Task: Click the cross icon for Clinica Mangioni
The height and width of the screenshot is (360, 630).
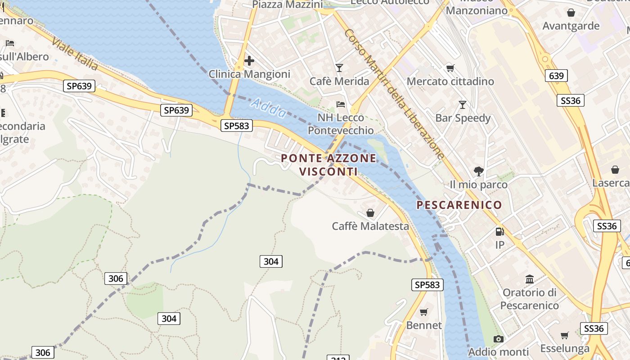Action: (x=249, y=61)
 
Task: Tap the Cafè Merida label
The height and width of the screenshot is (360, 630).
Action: (x=339, y=81)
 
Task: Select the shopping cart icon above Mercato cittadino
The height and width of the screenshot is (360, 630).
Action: (x=450, y=68)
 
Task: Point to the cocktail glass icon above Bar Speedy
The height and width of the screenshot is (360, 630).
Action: (x=462, y=105)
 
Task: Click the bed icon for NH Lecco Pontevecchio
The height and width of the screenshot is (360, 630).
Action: (x=341, y=104)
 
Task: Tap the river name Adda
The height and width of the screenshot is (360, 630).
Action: (x=269, y=108)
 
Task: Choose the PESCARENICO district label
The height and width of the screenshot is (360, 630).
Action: (x=459, y=205)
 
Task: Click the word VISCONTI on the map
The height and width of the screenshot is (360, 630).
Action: (x=328, y=172)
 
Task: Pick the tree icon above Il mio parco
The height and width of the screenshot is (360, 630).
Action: (x=478, y=171)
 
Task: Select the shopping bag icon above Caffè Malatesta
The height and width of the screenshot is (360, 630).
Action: (x=370, y=212)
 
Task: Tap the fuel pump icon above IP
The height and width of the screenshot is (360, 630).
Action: (x=499, y=232)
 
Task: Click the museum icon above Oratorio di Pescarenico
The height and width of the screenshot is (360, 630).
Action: (x=530, y=279)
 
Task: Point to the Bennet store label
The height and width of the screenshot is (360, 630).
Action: (x=424, y=325)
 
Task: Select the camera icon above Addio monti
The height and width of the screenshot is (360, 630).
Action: (x=498, y=339)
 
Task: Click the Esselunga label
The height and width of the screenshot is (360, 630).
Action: (x=565, y=348)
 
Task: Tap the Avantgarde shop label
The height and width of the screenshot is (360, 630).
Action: (x=571, y=26)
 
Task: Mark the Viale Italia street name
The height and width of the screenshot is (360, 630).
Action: (x=75, y=54)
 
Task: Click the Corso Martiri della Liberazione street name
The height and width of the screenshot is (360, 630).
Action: (x=394, y=94)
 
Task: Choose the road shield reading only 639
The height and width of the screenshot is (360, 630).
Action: (x=556, y=76)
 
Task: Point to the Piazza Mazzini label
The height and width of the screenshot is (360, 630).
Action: (x=287, y=5)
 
